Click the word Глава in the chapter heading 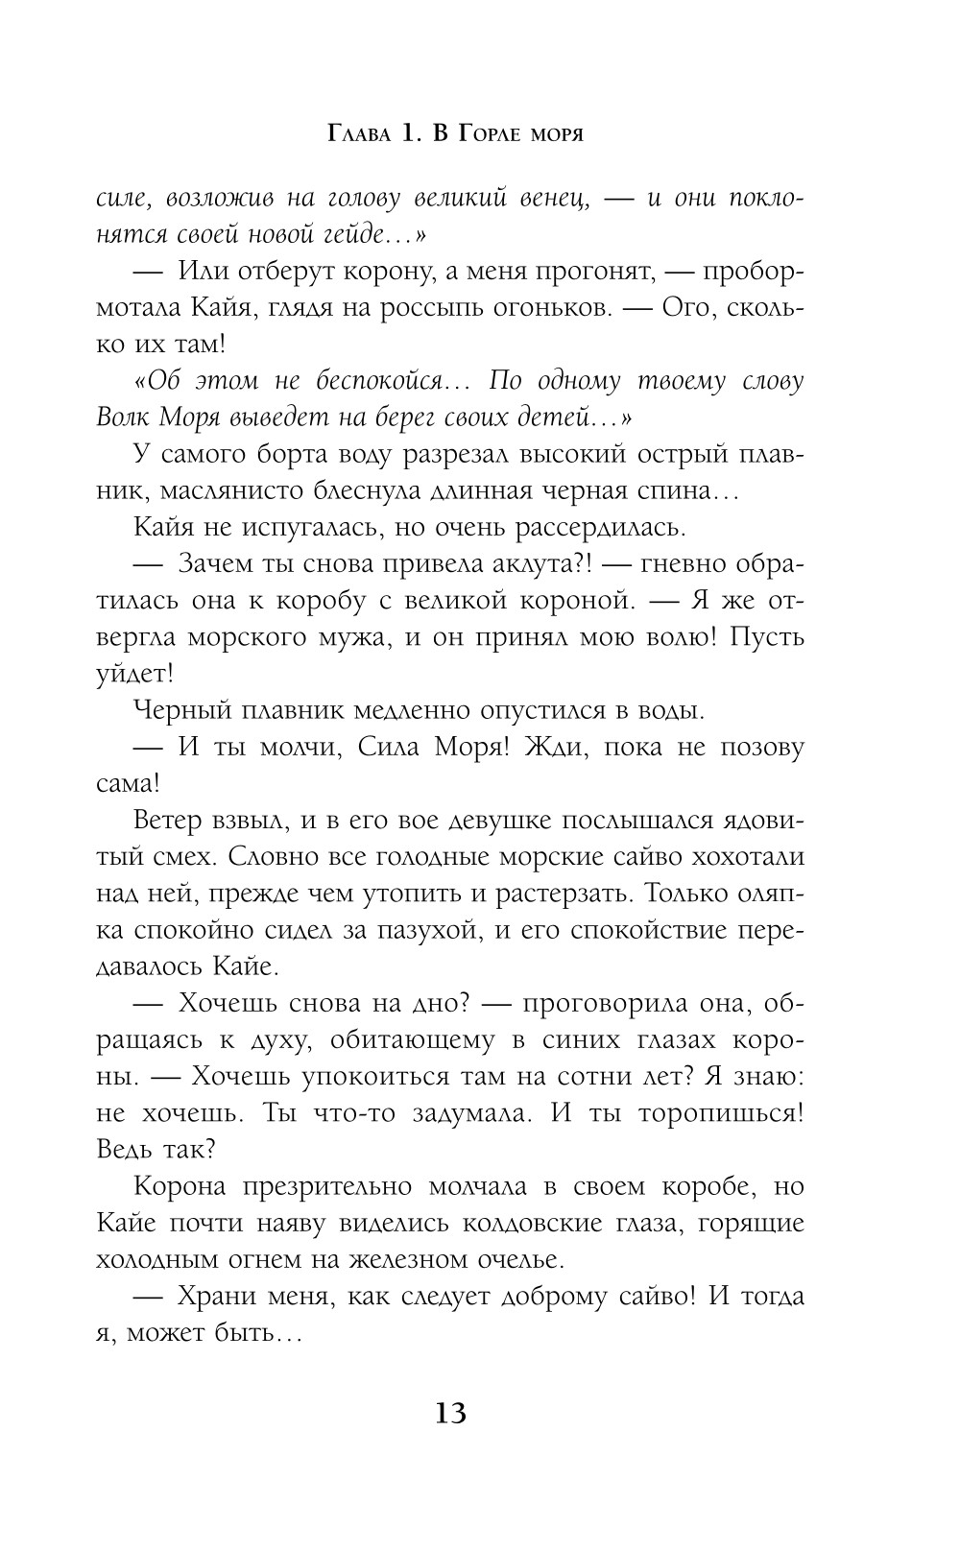[x=359, y=134]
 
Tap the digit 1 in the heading [x=405, y=134]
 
